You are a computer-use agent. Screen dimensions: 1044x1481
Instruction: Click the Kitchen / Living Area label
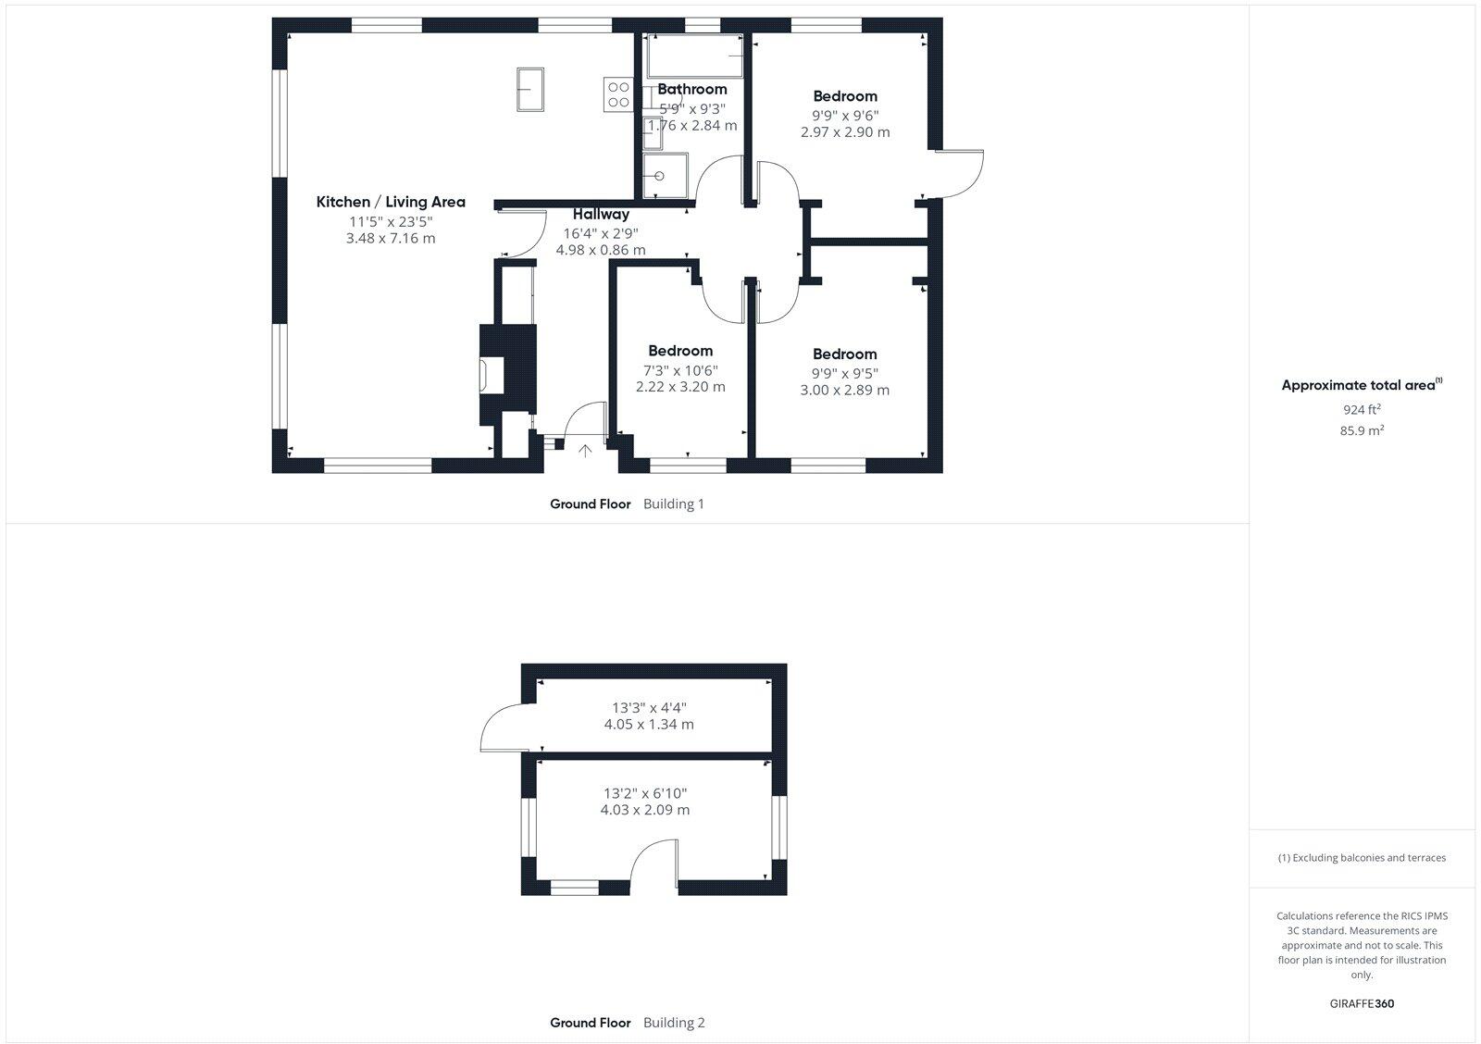[391, 202]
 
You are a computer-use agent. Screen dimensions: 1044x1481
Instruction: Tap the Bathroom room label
[692, 89]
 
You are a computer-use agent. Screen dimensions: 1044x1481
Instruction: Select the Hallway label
[601, 214]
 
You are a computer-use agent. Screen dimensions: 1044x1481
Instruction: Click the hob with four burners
[618, 94]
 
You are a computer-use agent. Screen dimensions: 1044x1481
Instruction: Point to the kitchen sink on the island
[530, 89]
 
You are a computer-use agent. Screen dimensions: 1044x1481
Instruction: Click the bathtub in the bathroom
[695, 56]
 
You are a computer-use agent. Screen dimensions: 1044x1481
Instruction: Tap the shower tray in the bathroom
[666, 176]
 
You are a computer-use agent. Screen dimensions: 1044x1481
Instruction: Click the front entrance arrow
[585, 451]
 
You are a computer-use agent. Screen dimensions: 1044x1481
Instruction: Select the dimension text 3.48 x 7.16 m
[391, 238]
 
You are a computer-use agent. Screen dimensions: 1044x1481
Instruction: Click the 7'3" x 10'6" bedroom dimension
[680, 370]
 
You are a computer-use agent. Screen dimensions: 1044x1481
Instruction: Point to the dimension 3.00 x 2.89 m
[845, 390]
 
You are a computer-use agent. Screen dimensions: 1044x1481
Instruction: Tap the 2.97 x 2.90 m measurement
[845, 131]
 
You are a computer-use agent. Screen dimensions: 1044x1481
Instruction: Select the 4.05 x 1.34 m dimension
[649, 724]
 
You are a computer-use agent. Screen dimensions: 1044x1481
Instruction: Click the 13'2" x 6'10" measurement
[645, 793]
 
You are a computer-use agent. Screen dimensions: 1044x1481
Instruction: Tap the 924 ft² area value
[1363, 409]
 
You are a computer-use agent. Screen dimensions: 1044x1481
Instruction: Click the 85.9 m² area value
[1363, 430]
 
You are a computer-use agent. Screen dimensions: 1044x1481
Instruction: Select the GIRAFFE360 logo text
[1362, 1003]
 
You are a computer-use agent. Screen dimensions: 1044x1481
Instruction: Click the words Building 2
[674, 1023]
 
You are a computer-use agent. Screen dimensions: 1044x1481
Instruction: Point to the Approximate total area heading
[1359, 385]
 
